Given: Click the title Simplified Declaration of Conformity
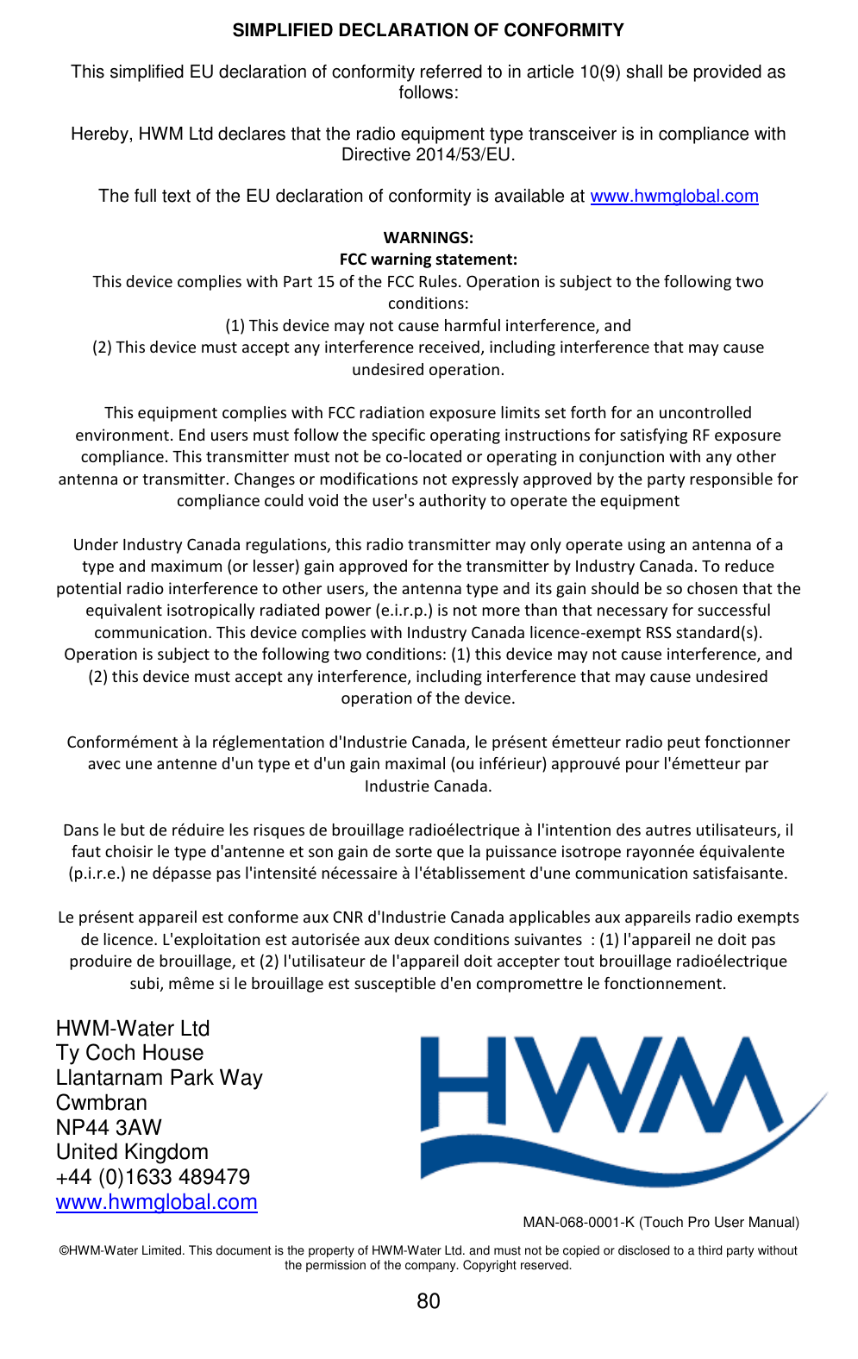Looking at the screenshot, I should pos(428,31).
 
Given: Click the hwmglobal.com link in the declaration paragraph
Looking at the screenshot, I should pos(673,197).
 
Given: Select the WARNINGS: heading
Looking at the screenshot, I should pos(428,238).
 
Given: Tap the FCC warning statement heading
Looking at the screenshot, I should pos(428,260).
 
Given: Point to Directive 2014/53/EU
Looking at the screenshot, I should pos(428,155).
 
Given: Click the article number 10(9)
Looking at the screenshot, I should pos(598,72).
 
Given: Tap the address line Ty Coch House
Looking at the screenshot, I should pos(129,1053).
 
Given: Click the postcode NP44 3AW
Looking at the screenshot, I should pos(109,1128).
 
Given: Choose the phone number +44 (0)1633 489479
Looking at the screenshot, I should pos(153,1177).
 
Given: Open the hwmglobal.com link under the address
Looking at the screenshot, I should pos(156,1202).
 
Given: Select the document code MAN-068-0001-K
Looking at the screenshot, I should pos(578,1223).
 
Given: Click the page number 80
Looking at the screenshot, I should pos(428,1301).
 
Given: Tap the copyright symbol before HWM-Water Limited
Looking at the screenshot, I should pos(64,1251).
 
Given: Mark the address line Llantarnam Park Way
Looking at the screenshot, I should pos(159,1078).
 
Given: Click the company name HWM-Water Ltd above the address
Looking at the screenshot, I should pos(133,1029).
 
